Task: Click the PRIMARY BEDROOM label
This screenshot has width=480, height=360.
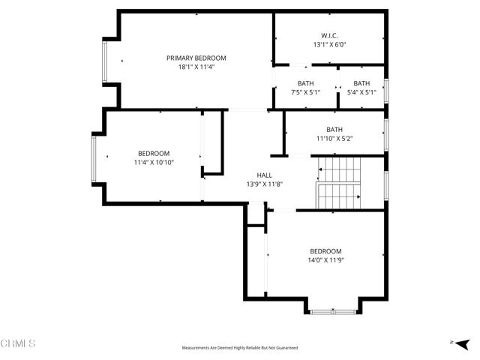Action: [x=196, y=58]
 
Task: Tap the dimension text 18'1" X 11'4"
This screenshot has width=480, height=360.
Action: [x=196, y=67]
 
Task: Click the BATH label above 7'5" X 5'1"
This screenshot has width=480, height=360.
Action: [x=305, y=83]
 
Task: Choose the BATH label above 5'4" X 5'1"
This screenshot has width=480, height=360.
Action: [x=361, y=83]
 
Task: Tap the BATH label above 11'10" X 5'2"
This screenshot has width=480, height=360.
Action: [x=334, y=129]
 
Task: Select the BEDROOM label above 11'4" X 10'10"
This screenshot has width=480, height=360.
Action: [x=153, y=153]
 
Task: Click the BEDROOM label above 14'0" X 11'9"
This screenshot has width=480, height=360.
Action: [x=325, y=251]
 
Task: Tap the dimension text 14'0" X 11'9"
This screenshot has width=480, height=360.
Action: [x=325, y=260]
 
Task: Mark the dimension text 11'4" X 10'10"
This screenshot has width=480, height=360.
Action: [x=153, y=162]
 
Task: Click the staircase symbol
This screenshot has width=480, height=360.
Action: [x=339, y=184]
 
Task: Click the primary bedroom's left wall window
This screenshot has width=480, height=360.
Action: [x=106, y=61]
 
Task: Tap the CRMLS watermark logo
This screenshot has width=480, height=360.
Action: [x=18, y=343]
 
